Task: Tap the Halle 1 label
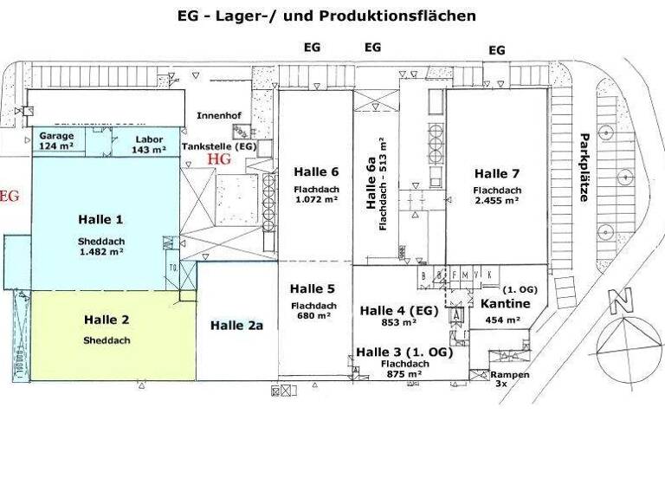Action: coord(100,218)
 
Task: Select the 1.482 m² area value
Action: coord(100,250)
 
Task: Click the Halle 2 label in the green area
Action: coord(107,320)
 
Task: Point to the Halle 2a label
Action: coord(236,325)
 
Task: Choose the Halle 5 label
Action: coord(313,288)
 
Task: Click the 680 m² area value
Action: coord(313,316)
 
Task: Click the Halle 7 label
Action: coord(496,172)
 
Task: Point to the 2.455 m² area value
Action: coord(496,200)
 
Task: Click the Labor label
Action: coord(147,139)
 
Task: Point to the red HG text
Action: coord(221,159)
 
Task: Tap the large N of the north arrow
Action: coord(617,303)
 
